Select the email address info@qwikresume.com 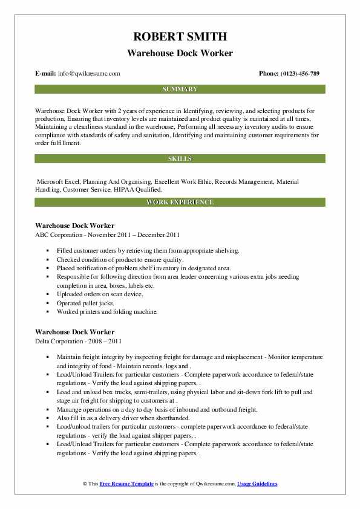88,74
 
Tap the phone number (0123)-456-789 297,74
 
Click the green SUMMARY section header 180,89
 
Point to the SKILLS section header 180,158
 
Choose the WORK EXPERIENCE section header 180,202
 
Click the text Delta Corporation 62,341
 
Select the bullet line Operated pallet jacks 85,303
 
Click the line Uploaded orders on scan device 100,294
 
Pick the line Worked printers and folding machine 108,311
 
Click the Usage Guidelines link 257,484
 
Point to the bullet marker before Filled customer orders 47,250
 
